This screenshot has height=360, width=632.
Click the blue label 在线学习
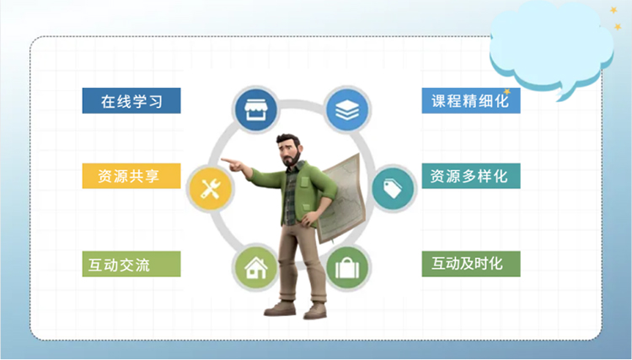pos(131,101)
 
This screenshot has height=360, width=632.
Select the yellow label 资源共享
pos(131,175)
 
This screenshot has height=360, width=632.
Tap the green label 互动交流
pos(131,264)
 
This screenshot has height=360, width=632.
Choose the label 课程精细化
pos(471,101)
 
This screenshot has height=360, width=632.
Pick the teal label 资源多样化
pos(471,175)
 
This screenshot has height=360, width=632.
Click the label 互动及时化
pos(471,264)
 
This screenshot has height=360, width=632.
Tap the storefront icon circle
pos(255,110)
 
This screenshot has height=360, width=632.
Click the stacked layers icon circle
pos(347,110)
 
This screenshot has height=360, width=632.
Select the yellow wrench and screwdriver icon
pos(210,188)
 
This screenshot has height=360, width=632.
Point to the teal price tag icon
pos(393,188)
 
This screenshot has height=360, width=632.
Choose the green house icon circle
pos(255,267)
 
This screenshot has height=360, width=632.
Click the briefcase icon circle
pos(347,267)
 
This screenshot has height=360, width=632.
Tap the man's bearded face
pos(290,151)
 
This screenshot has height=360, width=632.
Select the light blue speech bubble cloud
pos(551,46)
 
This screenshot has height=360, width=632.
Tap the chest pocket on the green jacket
pos(304,182)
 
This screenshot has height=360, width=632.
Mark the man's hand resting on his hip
pos(309,218)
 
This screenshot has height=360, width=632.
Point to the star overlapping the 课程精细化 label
pos(506,92)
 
